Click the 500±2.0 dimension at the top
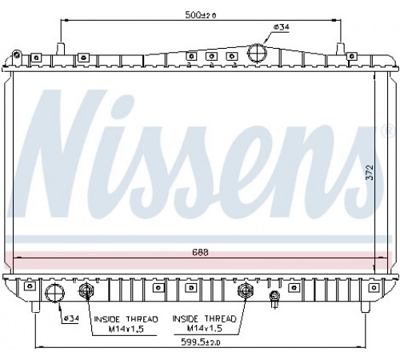point(201,15)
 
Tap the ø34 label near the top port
point(282,27)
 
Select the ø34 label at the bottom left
point(71,318)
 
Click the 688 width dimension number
point(200,252)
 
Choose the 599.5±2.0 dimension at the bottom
point(201,342)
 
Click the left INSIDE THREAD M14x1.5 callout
point(126,324)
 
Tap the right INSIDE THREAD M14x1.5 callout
point(205,323)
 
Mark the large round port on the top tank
point(257,53)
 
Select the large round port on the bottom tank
point(54,294)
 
